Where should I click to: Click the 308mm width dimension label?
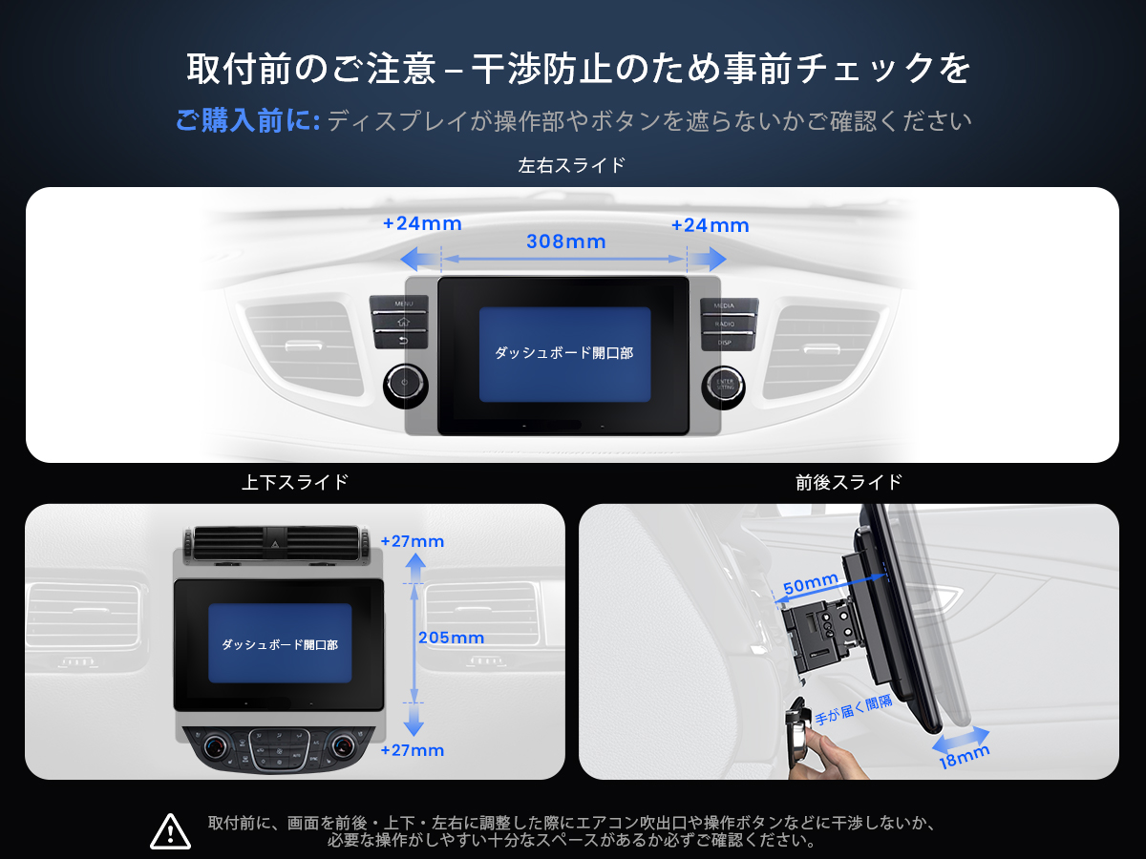(566, 241)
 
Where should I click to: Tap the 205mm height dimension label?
(451, 638)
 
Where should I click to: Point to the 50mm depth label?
(811, 583)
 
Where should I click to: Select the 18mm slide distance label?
(965, 757)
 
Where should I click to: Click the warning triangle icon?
(170, 831)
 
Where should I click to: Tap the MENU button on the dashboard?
(399, 304)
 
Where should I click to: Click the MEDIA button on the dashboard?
(729, 305)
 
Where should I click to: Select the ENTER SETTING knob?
(724, 387)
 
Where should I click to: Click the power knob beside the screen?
(406, 386)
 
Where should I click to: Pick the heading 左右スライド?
(571, 165)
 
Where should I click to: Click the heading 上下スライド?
(294, 482)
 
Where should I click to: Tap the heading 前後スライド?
(848, 482)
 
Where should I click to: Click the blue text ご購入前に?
(247, 120)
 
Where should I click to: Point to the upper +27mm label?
(413, 541)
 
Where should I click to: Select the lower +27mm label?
(413, 750)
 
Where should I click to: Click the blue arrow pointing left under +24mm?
(421, 260)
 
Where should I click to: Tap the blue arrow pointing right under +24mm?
(707, 260)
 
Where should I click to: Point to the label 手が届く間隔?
(854, 710)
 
